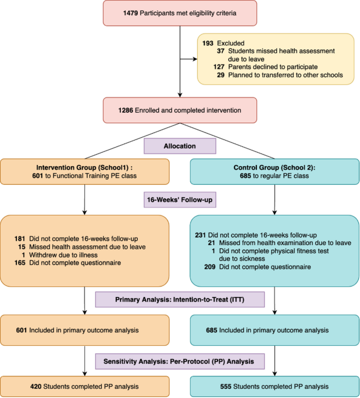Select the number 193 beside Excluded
point(208,43)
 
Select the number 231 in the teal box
point(201,235)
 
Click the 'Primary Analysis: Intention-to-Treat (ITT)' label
point(180,300)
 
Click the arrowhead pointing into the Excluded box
point(194,58)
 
